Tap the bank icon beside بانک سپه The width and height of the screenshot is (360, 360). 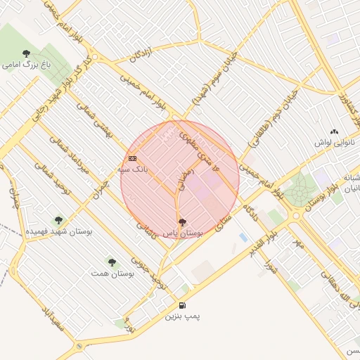tap(132, 159)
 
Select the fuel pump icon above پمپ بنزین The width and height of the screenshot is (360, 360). tap(183, 306)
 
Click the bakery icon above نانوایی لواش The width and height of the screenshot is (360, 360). tap(334, 131)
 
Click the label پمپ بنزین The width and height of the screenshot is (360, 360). tap(183, 317)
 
